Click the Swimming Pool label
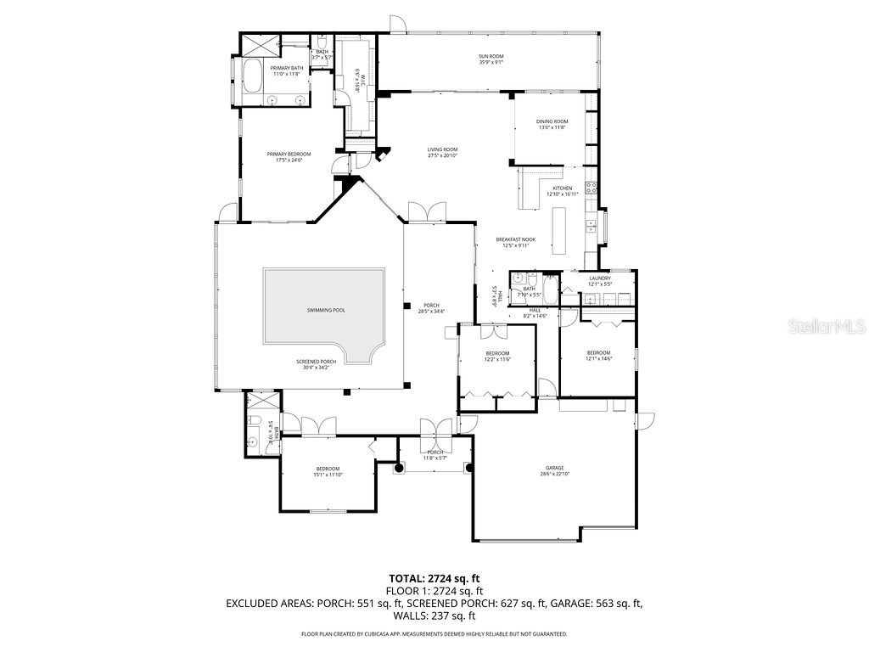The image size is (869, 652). pyautogui.click(x=326, y=311)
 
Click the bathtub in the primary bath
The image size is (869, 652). pyautogui.click(x=253, y=76)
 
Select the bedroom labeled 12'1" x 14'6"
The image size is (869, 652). pyautogui.click(x=598, y=355)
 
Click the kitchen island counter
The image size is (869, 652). pyautogui.click(x=559, y=231)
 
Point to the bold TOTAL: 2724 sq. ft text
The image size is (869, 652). pyautogui.click(x=434, y=578)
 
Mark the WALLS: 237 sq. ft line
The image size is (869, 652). pyautogui.click(x=434, y=616)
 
